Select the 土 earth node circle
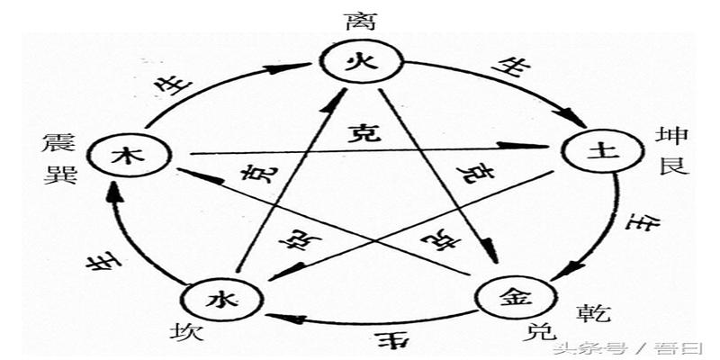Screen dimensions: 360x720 [591, 152]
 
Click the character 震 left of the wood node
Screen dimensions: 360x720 [56, 143]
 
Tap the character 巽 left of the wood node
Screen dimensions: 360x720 [56, 171]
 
